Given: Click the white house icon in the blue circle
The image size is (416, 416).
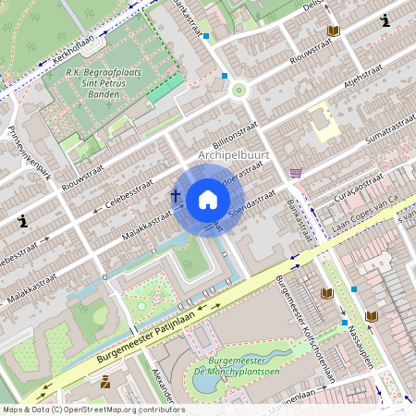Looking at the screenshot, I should click(x=208, y=200).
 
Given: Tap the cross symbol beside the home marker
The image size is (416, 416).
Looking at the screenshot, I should click(x=176, y=196).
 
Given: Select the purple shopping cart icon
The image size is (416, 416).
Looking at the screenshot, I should click(x=296, y=173).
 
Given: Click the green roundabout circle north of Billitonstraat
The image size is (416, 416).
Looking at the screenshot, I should click(x=239, y=91).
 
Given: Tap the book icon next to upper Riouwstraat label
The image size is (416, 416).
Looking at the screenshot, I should click(x=333, y=31).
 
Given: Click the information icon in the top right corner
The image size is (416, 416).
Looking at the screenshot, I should click(x=384, y=20).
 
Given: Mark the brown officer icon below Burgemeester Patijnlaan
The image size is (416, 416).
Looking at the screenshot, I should click(x=105, y=381).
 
